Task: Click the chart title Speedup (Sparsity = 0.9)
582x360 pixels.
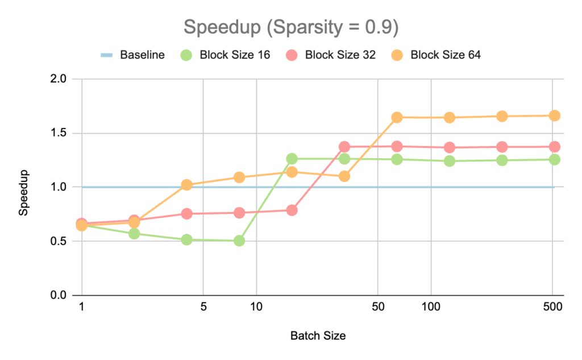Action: (x=290, y=26)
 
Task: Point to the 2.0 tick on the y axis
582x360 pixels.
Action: (x=59, y=79)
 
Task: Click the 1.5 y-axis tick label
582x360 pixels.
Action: (x=59, y=133)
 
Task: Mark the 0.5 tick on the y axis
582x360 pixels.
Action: (x=59, y=241)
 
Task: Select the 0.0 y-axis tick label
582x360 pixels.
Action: (x=59, y=295)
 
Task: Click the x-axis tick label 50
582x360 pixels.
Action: (x=378, y=308)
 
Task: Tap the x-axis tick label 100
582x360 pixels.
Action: (x=431, y=308)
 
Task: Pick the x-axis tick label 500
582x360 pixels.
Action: (x=552, y=308)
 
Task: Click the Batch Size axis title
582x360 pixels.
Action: (x=318, y=336)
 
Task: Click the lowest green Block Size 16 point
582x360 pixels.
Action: (x=239, y=241)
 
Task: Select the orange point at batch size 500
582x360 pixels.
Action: (x=554, y=115)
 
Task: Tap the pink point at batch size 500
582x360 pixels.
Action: (x=554, y=147)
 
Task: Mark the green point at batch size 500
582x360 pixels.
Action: (x=554, y=160)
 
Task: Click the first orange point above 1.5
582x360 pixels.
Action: (x=397, y=117)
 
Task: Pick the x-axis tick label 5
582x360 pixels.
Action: (x=203, y=308)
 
